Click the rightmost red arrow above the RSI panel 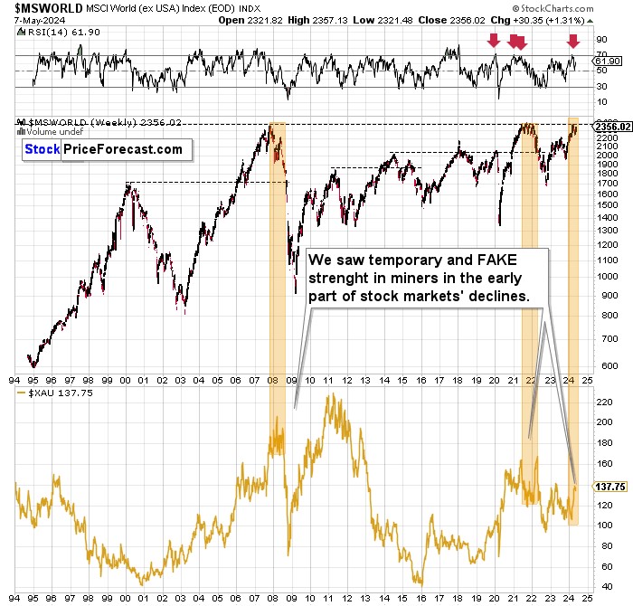click(x=572, y=41)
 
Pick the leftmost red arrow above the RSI click(x=493, y=41)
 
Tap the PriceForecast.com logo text click(x=122, y=150)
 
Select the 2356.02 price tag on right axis click(x=607, y=127)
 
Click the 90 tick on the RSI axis click(x=598, y=40)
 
